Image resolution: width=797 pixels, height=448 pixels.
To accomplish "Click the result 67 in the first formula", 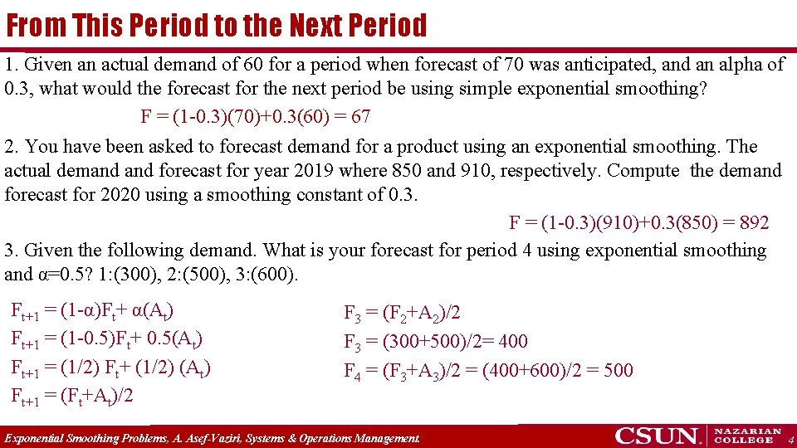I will (x=360, y=116).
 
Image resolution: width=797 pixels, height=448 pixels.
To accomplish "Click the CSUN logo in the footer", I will (x=658, y=436).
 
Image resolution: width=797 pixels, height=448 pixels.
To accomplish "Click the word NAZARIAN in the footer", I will (x=748, y=431).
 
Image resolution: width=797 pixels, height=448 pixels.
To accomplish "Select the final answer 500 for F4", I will (x=618, y=370).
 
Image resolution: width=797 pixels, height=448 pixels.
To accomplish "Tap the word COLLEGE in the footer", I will (x=748, y=441).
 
